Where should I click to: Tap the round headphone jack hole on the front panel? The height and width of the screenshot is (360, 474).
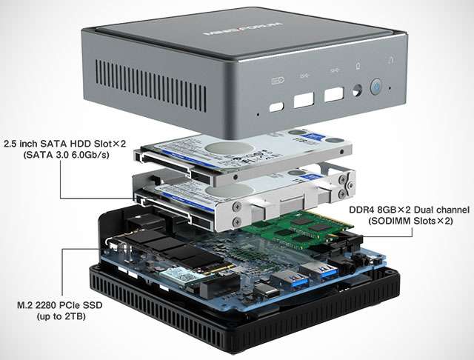pyautogui.click(x=358, y=92)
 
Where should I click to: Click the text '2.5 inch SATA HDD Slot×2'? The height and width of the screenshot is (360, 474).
pyautogui.click(x=64, y=143)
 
